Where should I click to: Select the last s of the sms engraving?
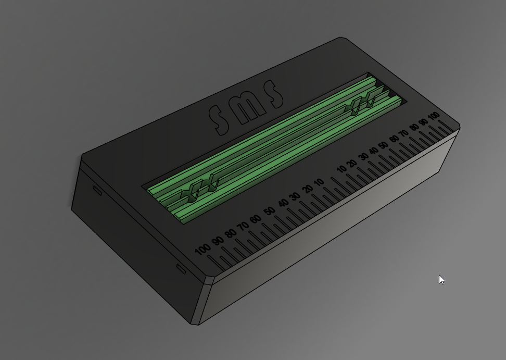[273, 94]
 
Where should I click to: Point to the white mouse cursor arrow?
[441, 280]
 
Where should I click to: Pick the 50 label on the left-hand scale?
[270, 212]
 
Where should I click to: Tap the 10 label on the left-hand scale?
[319, 183]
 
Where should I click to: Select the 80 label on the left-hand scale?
[231, 233]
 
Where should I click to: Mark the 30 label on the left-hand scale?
[294, 197]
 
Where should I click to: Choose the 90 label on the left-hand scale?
[218, 241]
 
